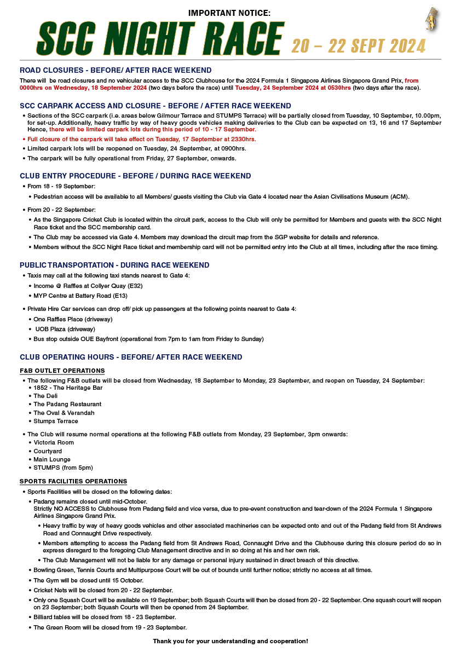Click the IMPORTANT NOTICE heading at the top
point(229,13)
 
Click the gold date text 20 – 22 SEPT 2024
point(358,46)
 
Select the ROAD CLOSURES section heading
point(116,71)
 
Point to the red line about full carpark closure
point(141,139)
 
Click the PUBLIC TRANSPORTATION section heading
point(114,266)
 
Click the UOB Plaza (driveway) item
point(65,329)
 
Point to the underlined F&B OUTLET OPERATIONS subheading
point(62,371)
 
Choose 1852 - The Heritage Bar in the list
point(68,388)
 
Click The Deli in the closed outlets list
point(45,396)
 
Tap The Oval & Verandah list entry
point(64,413)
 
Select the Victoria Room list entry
point(54,442)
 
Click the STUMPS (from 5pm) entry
point(63,468)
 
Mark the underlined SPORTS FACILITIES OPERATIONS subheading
point(73,481)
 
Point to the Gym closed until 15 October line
point(88,580)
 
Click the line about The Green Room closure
point(110,627)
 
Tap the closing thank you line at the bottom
point(230,641)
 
